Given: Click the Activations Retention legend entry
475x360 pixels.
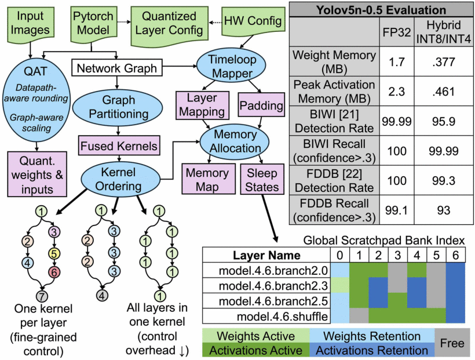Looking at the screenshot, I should pos(371,350).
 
